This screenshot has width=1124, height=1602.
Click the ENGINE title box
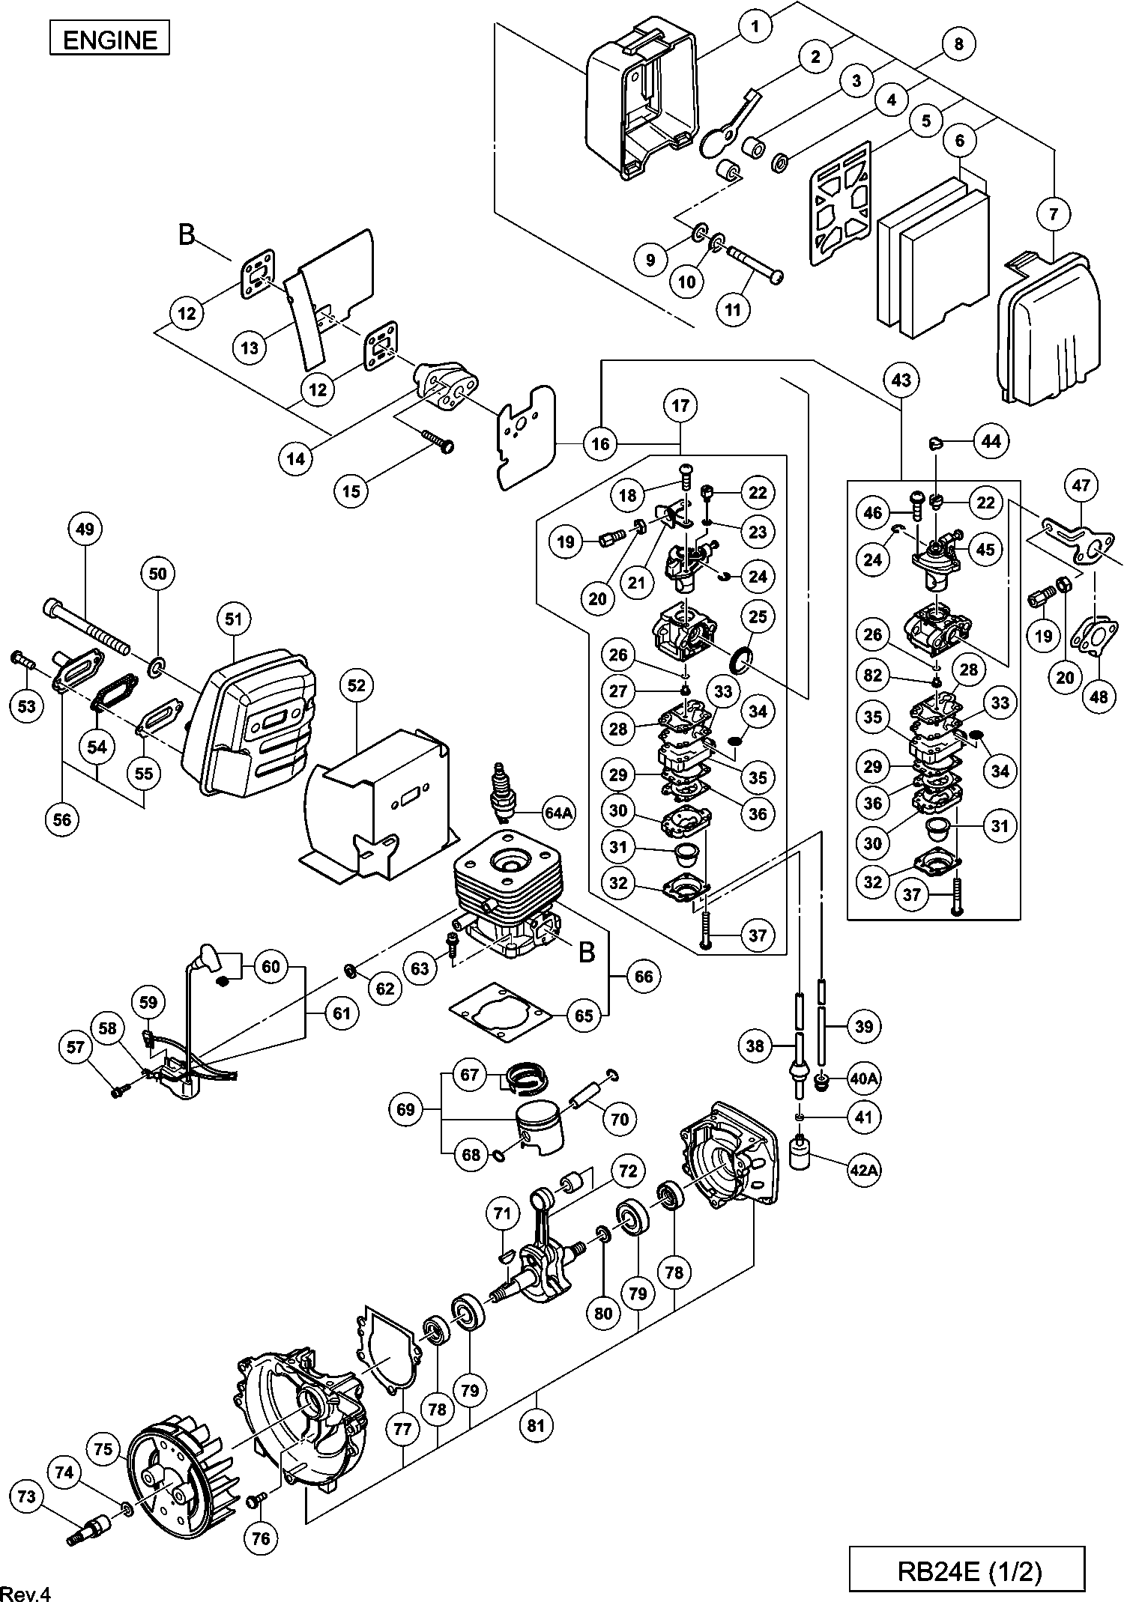(109, 39)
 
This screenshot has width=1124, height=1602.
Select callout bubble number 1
(756, 26)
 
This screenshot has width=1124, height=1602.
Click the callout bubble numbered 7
(1054, 215)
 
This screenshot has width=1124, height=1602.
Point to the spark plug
(502, 793)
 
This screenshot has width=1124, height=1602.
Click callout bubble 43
(901, 380)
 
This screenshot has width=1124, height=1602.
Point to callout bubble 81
(535, 1424)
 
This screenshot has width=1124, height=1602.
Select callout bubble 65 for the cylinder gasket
(584, 1016)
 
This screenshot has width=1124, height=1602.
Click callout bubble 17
(680, 406)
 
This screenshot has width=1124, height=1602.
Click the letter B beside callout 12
(186, 235)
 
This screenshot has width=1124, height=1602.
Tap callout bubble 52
(356, 685)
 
